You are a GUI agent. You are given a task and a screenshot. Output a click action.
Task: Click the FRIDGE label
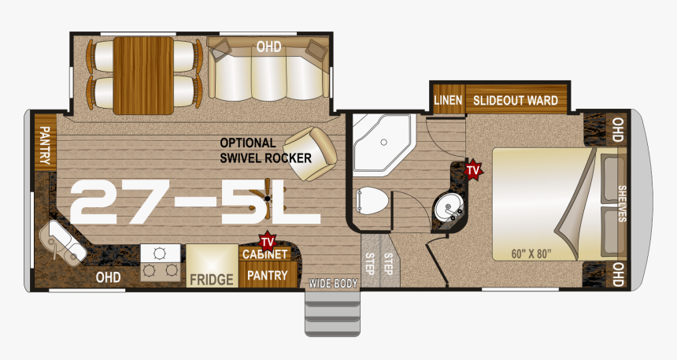pyautogui.click(x=211, y=280)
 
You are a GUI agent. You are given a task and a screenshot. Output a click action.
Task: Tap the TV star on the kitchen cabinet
pyautogui.click(x=268, y=241)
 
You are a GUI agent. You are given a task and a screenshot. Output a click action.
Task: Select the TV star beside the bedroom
pyautogui.click(x=473, y=169)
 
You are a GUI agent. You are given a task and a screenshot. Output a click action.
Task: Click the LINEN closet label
pyautogui.click(x=448, y=100)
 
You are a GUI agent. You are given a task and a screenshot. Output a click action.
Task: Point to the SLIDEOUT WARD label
pyautogui.click(x=515, y=101)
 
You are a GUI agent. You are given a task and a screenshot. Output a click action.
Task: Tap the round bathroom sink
pyautogui.click(x=449, y=207)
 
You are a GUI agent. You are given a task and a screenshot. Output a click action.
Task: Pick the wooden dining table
pyautogui.click(x=143, y=76)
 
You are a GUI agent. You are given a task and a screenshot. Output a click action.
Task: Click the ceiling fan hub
pyautogui.click(x=268, y=199)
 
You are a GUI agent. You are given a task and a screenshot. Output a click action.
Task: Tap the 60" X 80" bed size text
pyautogui.click(x=531, y=253)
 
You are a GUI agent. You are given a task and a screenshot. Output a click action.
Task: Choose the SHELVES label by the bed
pyautogui.click(x=622, y=203)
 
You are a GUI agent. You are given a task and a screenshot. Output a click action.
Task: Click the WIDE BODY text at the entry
pyautogui.click(x=333, y=284)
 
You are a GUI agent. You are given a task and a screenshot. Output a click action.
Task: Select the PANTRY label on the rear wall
pyautogui.click(x=44, y=145)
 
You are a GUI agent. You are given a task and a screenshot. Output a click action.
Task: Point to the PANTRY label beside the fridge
pyautogui.click(x=268, y=275)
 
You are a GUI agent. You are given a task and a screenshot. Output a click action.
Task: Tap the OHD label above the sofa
pyautogui.click(x=268, y=46)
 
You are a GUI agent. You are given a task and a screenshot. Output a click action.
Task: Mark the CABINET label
pyautogui.click(x=265, y=254)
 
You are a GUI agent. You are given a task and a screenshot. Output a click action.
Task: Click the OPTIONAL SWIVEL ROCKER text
pyautogui.click(x=265, y=150)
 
